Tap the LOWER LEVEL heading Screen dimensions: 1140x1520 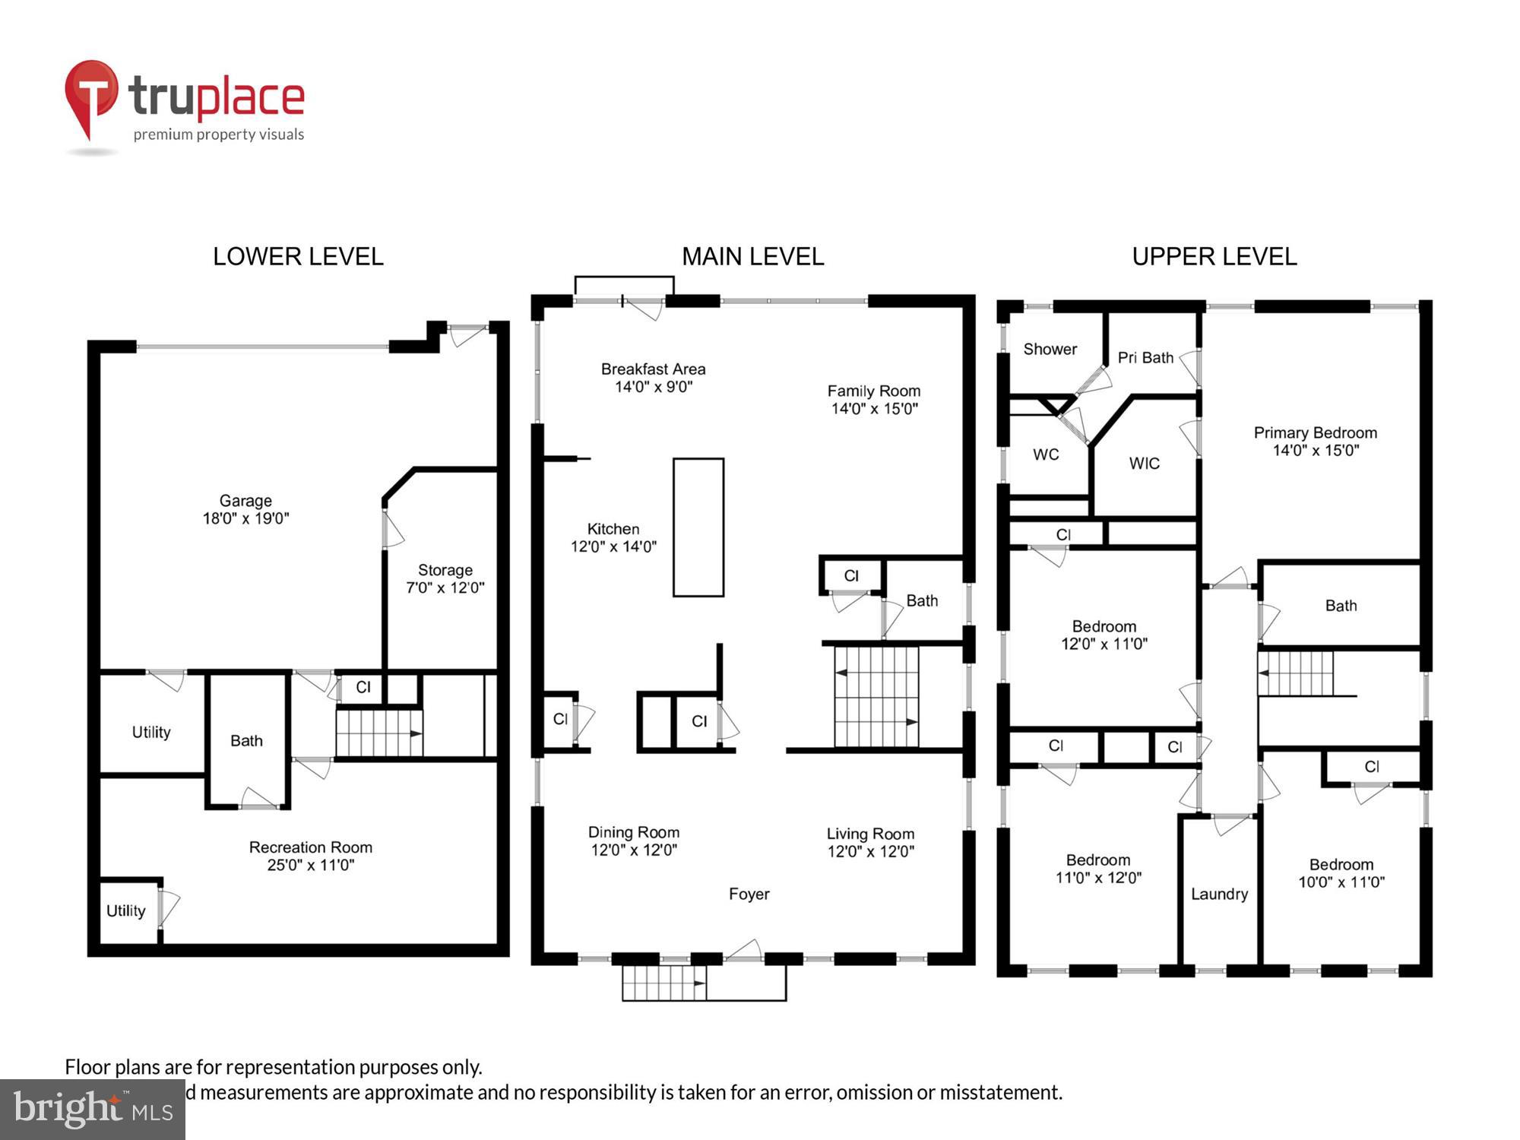click(x=298, y=257)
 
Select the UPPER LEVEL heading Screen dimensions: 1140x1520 click(x=1214, y=257)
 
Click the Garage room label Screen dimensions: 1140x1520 click(x=245, y=501)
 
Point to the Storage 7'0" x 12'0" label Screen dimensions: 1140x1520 click(x=445, y=578)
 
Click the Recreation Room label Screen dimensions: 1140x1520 click(x=310, y=847)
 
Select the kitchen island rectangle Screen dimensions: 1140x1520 click(x=698, y=527)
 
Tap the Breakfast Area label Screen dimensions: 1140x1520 click(x=653, y=369)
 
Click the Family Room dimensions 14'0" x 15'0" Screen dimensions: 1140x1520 click(x=874, y=409)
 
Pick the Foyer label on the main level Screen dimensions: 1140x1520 click(x=749, y=895)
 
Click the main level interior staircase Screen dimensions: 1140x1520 click(x=876, y=696)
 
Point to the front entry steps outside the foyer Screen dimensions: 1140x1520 click(x=664, y=983)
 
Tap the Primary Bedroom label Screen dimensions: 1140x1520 click(x=1315, y=433)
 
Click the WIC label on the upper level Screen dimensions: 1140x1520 click(x=1144, y=464)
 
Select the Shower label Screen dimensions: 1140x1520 click(x=1050, y=350)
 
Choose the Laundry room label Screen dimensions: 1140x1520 click(x=1219, y=895)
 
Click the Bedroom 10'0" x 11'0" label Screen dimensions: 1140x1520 click(x=1341, y=873)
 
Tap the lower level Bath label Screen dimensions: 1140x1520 click(x=246, y=741)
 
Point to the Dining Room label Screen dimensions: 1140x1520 click(x=633, y=833)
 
